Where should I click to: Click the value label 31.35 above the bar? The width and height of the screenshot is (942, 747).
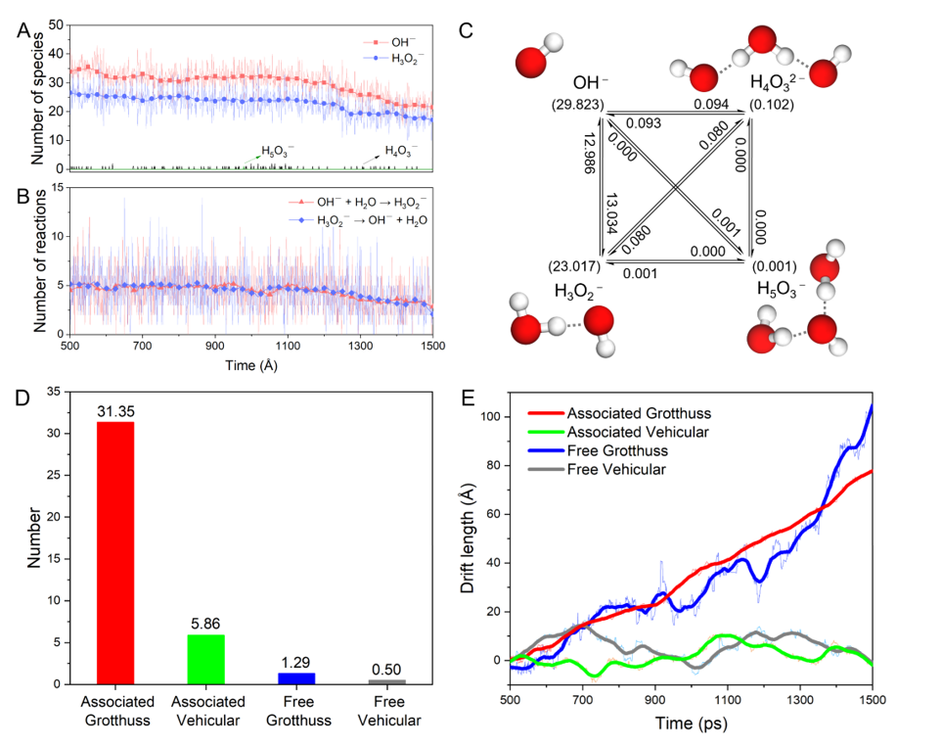pos(115,412)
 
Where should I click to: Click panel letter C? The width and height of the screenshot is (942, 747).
pos(466,30)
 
